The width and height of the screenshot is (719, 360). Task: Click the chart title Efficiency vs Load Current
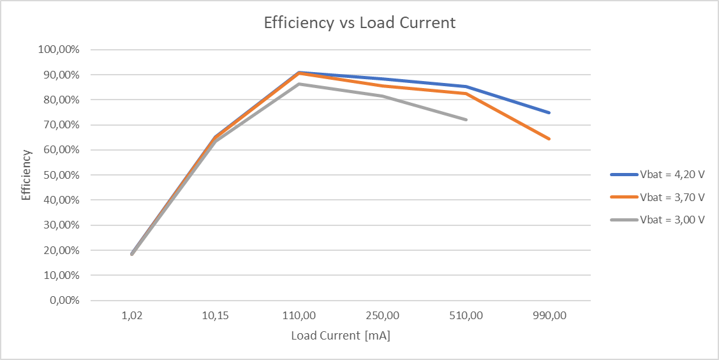click(360, 23)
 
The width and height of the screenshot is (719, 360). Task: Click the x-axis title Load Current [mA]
click(340, 336)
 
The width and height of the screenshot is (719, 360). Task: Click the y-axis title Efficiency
click(26, 175)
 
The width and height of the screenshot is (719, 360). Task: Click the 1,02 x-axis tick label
click(132, 316)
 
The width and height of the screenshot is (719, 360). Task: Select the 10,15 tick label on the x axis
click(216, 316)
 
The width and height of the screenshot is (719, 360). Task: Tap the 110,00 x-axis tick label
click(299, 316)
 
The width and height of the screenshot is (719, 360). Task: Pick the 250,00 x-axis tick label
click(383, 316)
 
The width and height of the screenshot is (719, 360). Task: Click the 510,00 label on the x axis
click(466, 316)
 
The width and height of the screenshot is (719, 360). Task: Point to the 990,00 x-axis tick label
click(549, 316)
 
